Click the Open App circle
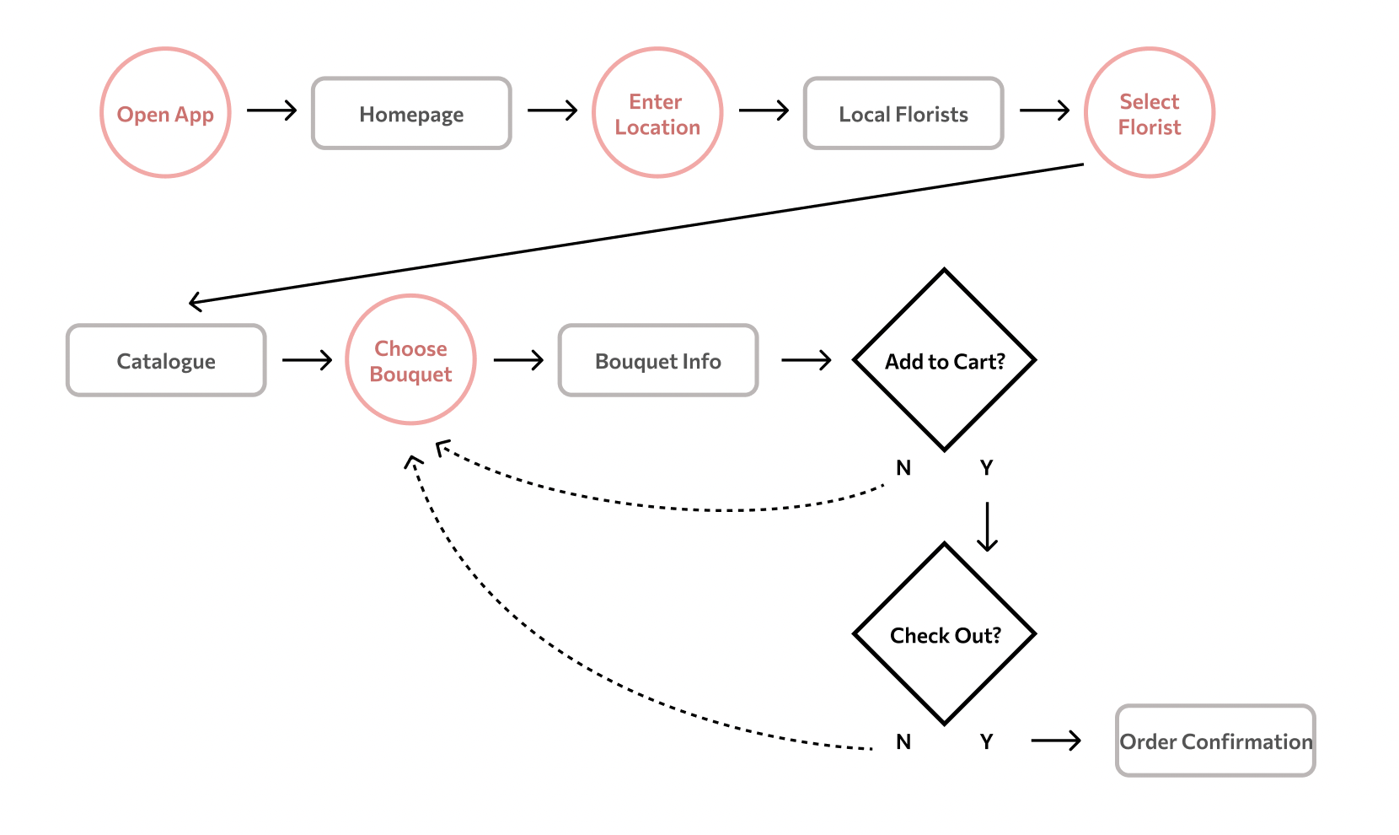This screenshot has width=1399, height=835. (x=165, y=113)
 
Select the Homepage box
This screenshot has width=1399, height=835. (x=411, y=114)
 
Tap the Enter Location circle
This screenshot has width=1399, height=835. (x=657, y=113)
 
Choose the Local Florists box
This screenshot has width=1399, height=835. (x=903, y=114)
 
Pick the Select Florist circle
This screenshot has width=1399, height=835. (x=1150, y=113)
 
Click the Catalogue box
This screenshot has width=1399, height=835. (x=166, y=361)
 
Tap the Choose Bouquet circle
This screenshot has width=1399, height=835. (x=411, y=360)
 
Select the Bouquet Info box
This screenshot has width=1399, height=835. (x=658, y=361)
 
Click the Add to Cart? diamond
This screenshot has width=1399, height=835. (x=945, y=361)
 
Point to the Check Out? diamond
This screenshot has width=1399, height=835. (x=945, y=634)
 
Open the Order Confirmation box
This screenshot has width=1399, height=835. (x=1215, y=741)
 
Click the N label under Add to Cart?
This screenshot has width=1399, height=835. (x=903, y=468)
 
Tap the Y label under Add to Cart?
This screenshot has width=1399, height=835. (x=986, y=468)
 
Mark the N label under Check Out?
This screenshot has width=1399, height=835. (x=903, y=742)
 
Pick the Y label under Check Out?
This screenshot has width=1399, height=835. (x=986, y=742)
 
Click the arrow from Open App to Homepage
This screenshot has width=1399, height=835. (x=271, y=110)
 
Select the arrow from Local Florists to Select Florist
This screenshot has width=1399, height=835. (x=1044, y=110)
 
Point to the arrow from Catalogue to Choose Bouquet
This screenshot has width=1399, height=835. (x=307, y=360)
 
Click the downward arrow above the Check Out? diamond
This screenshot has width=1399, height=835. (x=987, y=526)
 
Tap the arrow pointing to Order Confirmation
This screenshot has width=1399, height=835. (x=1055, y=741)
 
